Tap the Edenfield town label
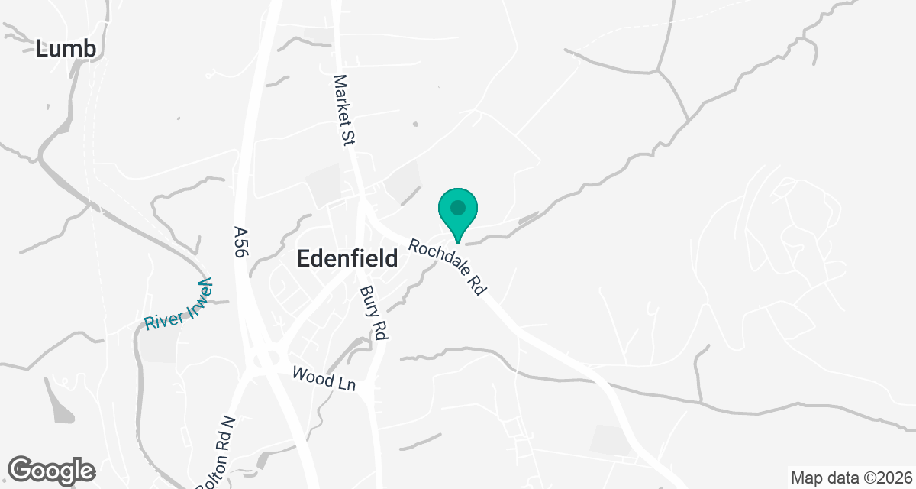point(347,259)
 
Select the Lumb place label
point(66,49)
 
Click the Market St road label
point(347,106)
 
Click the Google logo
point(51,470)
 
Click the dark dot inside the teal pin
point(457,207)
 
